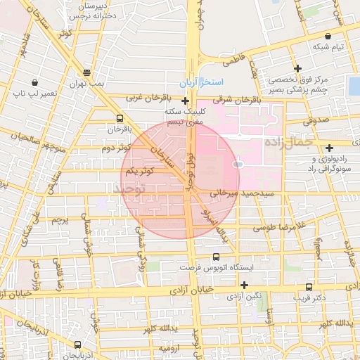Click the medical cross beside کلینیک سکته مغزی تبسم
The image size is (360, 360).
tap(185, 101)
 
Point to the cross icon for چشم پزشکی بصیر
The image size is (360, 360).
tap(298, 68)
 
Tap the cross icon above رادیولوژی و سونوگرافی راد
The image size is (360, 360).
tap(329, 147)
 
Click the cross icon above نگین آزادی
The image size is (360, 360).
tap(244, 285)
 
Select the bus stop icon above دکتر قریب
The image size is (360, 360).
tap(309, 287)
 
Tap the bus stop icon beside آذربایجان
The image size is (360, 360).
tap(77, 345)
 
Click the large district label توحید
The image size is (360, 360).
tap(128, 189)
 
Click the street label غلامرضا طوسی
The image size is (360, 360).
tap(280, 226)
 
